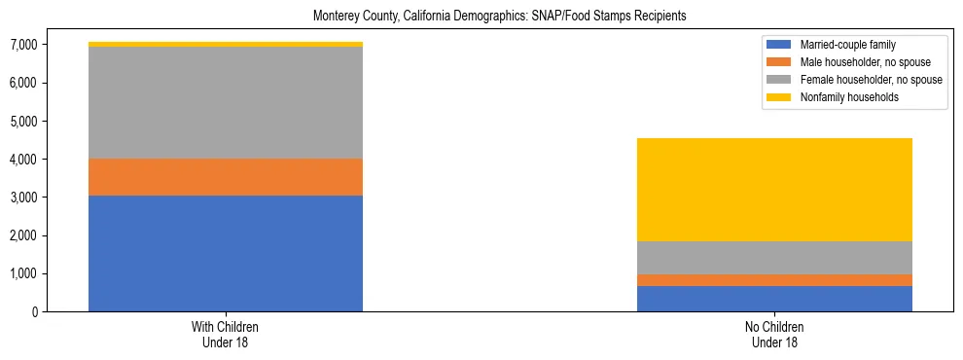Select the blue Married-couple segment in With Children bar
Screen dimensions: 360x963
click(x=226, y=253)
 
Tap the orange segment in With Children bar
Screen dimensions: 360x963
click(x=226, y=177)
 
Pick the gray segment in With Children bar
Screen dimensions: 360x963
click(x=226, y=102)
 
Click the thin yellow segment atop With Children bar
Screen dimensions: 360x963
click(x=226, y=44)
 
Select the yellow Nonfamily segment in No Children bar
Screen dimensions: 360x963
click(x=774, y=190)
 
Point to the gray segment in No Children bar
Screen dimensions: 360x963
click(x=774, y=258)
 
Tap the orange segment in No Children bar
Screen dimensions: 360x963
click(x=774, y=280)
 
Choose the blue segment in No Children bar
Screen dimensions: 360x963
click(x=774, y=299)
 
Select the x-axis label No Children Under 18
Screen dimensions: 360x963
click(x=774, y=335)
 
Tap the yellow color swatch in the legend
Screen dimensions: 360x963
click(x=780, y=97)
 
